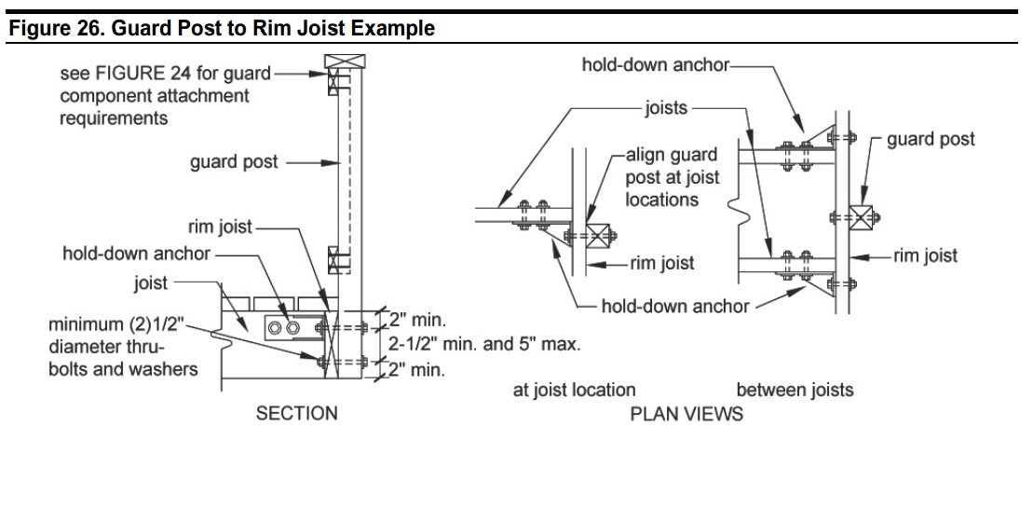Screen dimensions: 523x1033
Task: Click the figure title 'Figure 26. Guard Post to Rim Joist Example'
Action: click(x=222, y=28)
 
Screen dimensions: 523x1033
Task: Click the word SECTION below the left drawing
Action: click(x=296, y=413)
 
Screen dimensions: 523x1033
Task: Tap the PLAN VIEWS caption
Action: click(x=686, y=413)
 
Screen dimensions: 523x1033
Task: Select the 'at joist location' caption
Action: click(x=574, y=390)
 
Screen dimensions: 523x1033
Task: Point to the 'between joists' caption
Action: click(x=795, y=390)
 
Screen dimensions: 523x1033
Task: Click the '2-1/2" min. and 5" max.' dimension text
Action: click(x=484, y=344)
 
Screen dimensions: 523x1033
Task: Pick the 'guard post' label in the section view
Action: click(x=234, y=162)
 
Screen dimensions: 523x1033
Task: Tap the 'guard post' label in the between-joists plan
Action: click(x=931, y=140)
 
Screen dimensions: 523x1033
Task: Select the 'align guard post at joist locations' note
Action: click(x=673, y=177)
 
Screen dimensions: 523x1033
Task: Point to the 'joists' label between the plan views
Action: click(x=665, y=108)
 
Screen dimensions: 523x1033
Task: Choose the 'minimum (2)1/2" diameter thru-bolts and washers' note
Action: click(x=123, y=347)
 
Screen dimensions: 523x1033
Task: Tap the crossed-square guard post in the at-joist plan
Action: click(x=596, y=234)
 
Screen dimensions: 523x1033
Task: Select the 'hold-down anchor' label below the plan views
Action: click(x=674, y=306)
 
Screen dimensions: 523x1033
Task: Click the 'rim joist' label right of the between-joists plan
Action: click(x=925, y=255)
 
